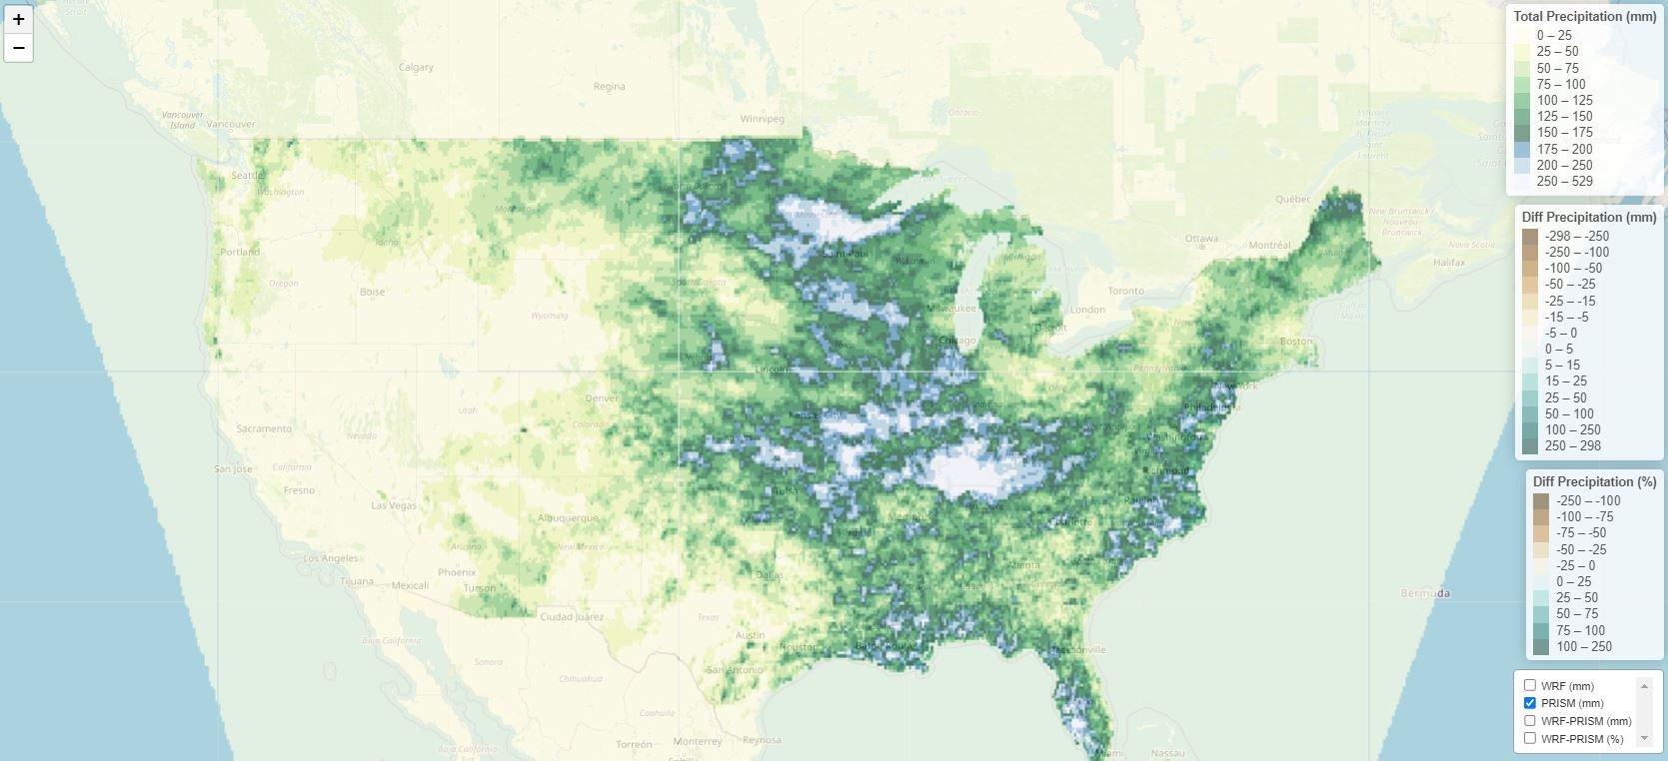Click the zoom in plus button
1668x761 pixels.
tap(18, 19)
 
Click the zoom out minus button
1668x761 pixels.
tap(18, 47)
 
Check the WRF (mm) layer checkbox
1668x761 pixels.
tap(1530, 685)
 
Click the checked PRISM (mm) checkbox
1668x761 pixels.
tap(1530, 703)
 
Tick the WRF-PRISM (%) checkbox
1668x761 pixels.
tap(1530, 738)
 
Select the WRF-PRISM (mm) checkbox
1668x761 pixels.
tap(1530, 720)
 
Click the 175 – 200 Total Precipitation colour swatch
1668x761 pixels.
tap(1522, 149)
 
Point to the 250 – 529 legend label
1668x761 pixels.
tap(1565, 182)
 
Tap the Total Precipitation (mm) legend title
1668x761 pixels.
tap(1584, 17)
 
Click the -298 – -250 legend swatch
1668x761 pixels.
tap(1530, 237)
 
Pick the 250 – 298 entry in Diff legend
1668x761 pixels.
tap(1573, 446)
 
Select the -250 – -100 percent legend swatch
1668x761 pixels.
tap(1540, 501)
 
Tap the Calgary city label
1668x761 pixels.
tap(416, 68)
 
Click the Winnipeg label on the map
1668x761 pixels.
tap(762, 119)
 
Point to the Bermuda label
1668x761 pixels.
tap(1425, 593)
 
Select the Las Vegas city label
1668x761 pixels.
tap(394, 505)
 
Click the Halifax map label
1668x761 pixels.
tap(1449, 263)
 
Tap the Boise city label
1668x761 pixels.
tap(372, 293)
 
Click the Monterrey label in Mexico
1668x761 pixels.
tap(698, 741)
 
